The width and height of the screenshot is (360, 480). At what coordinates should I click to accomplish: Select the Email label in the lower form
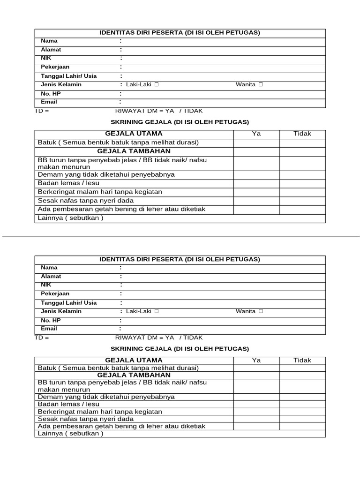(x=49, y=329)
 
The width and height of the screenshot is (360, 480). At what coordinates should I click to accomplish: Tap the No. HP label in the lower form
(x=51, y=320)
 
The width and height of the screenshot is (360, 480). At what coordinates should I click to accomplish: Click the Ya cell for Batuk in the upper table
(x=256, y=142)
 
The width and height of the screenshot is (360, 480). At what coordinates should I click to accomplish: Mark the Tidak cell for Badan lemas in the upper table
(x=302, y=183)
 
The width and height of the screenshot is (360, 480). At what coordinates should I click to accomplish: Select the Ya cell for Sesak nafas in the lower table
(x=256, y=419)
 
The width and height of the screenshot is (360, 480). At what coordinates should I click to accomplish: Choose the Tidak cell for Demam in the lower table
(x=302, y=397)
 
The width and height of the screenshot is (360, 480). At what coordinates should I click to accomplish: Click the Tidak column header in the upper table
(x=302, y=134)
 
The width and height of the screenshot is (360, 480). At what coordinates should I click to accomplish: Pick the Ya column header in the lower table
(x=256, y=360)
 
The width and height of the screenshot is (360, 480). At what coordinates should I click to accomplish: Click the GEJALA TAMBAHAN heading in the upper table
(x=134, y=151)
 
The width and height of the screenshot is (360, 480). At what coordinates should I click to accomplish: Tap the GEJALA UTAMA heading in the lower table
(x=134, y=360)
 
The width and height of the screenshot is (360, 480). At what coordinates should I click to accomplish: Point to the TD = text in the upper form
(x=42, y=111)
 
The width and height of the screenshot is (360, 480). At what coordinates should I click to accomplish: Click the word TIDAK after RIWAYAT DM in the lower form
(x=193, y=337)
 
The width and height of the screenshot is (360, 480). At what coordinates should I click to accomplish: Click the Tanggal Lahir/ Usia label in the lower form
(x=68, y=303)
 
